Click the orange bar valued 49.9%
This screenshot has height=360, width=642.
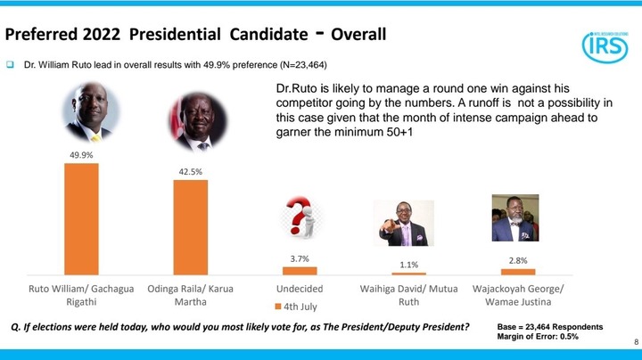[x=81, y=219]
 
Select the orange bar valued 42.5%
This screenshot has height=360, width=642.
[x=191, y=227]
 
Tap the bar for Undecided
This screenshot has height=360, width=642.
[x=300, y=271]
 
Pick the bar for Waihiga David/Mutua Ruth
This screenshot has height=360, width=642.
[x=408, y=274]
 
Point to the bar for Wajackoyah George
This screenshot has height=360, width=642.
[x=518, y=272]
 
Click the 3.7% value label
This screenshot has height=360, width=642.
[x=300, y=258]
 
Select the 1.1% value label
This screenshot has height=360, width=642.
[x=408, y=265]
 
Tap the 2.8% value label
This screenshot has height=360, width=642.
[x=518, y=260]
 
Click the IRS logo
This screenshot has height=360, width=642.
[x=605, y=47]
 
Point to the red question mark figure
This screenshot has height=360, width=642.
[x=302, y=217]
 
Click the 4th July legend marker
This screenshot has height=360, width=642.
[x=278, y=307]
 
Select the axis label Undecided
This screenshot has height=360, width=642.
[x=300, y=289]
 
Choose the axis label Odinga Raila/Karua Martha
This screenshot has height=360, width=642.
[x=191, y=295]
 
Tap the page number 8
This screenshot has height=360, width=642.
[x=637, y=342]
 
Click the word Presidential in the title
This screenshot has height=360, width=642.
[x=175, y=34]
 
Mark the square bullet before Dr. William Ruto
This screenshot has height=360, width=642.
[x=10, y=65]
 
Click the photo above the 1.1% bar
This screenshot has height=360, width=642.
[x=404, y=223]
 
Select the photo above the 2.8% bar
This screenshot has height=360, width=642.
[x=515, y=217]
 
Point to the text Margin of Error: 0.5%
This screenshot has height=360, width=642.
[x=538, y=337]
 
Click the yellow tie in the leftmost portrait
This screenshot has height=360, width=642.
[x=96, y=138]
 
